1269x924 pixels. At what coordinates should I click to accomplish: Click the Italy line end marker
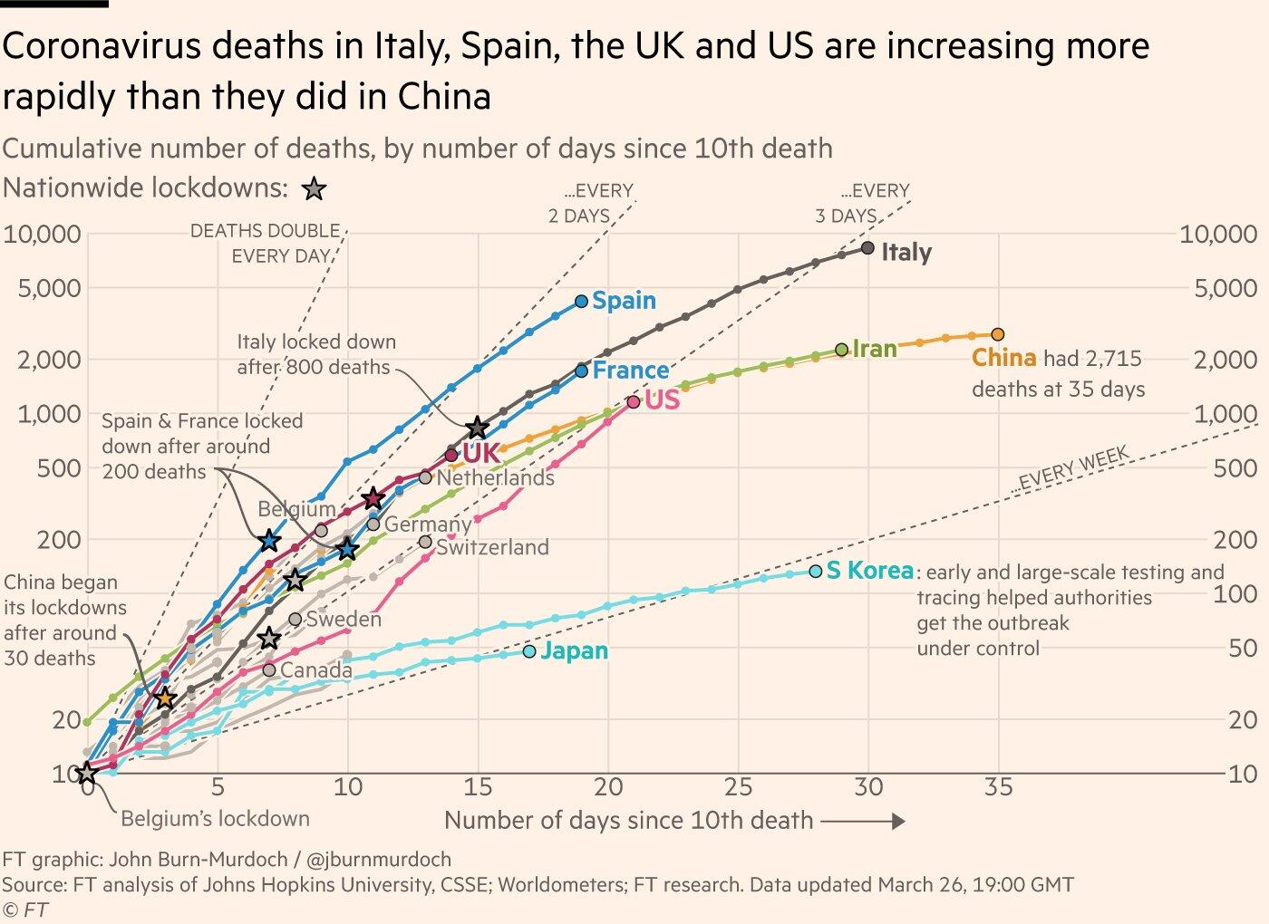867,247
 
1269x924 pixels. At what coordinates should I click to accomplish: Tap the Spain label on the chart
624,301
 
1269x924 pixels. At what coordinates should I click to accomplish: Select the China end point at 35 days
998,334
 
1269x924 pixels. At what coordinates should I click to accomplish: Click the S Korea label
869,571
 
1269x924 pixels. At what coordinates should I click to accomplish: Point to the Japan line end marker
529,651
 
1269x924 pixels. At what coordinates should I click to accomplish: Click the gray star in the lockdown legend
314,189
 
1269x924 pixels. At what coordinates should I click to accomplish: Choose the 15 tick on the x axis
478,787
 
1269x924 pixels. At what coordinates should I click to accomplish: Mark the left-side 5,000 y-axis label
43,289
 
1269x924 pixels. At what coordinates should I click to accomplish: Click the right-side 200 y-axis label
1235,540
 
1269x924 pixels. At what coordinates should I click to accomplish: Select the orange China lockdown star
165,698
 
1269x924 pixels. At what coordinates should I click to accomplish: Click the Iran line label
875,349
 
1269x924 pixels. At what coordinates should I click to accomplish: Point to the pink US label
662,399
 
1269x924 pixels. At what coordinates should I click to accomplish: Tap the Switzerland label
492,547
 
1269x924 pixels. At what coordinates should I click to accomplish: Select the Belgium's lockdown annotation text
215,819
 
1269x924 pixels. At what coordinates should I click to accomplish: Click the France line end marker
582,370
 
